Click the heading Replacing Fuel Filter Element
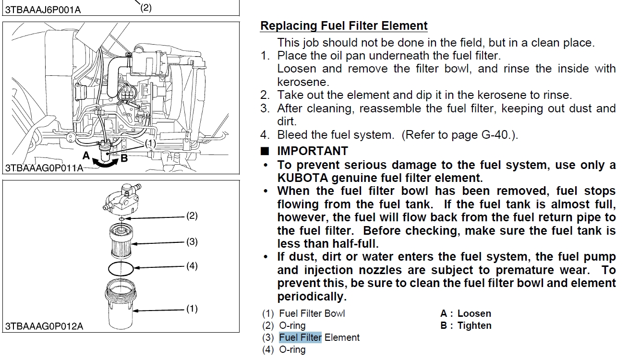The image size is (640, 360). (344, 25)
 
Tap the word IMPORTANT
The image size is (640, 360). (313, 151)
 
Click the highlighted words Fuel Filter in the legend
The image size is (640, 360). (300, 337)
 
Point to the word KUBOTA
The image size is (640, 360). (306, 178)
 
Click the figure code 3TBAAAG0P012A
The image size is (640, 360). (44, 326)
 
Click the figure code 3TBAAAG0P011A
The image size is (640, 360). (44, 168)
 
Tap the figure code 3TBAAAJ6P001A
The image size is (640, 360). (43, 9)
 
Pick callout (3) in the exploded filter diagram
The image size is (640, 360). (192, 241)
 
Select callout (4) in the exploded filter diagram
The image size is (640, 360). (192, 265)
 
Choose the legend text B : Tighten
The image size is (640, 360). (465, 325)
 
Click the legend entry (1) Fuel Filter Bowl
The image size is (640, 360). (303, 313)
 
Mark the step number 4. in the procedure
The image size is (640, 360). (266, 135)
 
